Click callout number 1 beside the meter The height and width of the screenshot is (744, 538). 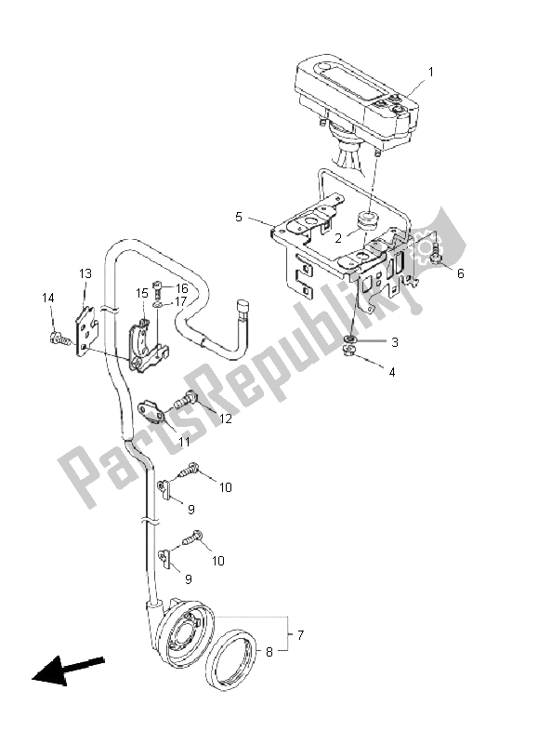pyautogui.click(x=429, y=72)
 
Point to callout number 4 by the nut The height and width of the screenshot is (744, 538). pyautogui.click(x=391, y=372)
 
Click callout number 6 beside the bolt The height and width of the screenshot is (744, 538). pyautogui.click(x=460, y=273)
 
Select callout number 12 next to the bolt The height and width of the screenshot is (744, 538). pyautogui.click(x=224, y=419)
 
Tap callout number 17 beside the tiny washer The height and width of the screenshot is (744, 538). pyautogui.click(x=181, y=301)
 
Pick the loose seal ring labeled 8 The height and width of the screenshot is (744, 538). pyautogui.click(x=231, y=661)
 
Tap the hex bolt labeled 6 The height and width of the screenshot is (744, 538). pyautogui.click(x=430, y=254)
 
